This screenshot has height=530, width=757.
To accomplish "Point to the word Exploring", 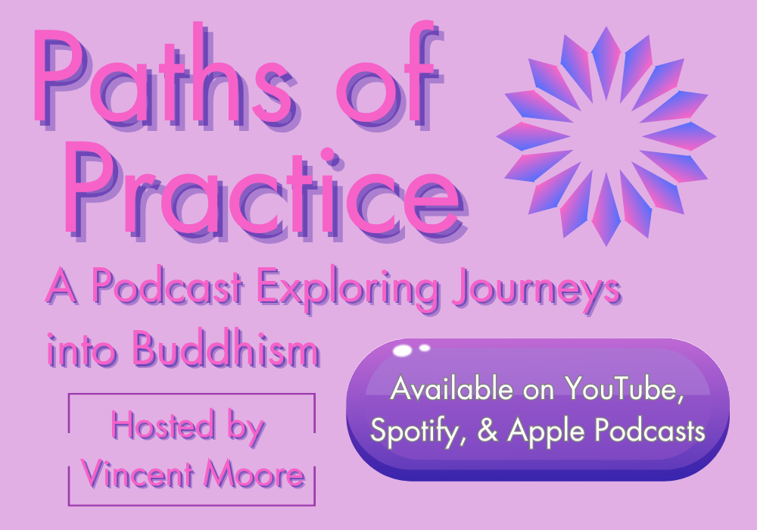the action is pos(347,290).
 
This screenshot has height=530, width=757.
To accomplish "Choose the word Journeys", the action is pos(537,291).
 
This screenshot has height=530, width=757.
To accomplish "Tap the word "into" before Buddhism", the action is pos(81,350).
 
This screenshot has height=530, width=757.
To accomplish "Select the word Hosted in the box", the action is pos(163,425).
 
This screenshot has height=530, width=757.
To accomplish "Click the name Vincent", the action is pos(137,473).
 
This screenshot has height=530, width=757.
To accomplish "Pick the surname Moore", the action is pos(254,473).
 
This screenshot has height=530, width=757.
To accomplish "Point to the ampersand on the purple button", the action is pos(488,430).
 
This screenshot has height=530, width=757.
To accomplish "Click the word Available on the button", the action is pos(452,388).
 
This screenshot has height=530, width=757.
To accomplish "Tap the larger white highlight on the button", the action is pos(402,351).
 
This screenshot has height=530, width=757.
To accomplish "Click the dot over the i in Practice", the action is pos(328,154).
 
